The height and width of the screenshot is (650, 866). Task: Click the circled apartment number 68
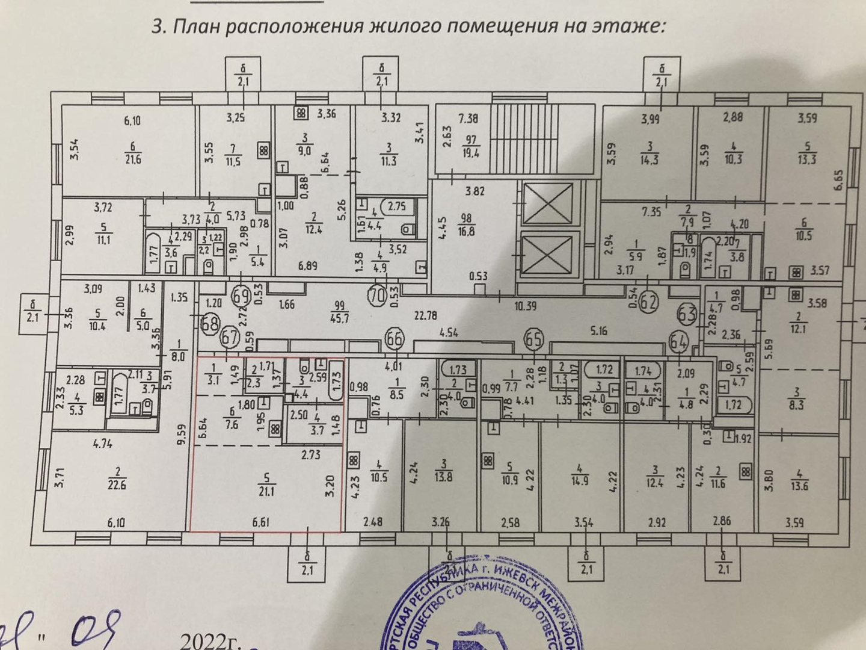(x=209, y=323)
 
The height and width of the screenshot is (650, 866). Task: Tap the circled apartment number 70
(x=377, y=295)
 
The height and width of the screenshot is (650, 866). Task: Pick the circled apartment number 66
(x=394, y=338)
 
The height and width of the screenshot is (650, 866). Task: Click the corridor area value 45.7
(x=341, y=318)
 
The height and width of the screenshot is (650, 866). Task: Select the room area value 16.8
(x=467, y=230)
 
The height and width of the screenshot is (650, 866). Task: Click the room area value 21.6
(x=132, y=160)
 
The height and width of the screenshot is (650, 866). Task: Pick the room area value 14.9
(x=580, y=481)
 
